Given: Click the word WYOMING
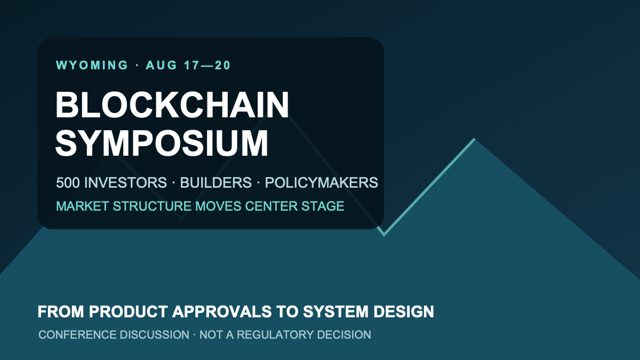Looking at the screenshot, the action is coord(92,65).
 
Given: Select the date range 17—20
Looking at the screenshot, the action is coord(207,65).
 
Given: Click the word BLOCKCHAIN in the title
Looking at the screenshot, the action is coord(172,105).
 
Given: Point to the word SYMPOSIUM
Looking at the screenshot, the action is coord(162,143).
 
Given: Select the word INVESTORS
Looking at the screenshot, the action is coord(125,182).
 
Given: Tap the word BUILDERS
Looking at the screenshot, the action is coord(215,182).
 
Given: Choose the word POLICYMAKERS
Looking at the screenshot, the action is coord(322,182).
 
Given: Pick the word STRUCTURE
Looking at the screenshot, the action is coord(152,206).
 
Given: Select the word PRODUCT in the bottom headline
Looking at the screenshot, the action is coord(128,311).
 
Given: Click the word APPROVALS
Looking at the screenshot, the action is coord(222,311).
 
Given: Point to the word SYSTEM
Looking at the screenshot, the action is coord(335,311).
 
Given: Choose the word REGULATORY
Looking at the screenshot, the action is coord(275,334).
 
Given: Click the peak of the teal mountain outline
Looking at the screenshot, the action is coord(474,139).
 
